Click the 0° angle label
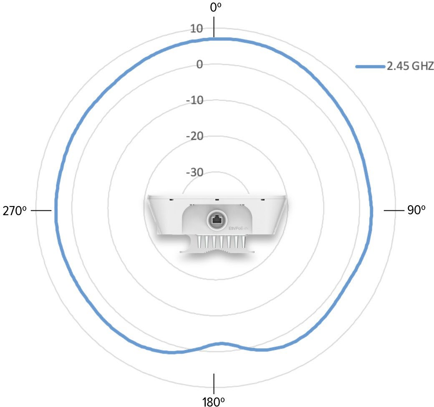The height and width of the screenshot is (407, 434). [x=216, y=7]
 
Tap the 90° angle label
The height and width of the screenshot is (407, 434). [x=416, y=210]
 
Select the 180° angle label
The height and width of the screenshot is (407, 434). [x=213, y=402]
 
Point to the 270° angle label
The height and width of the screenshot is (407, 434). [x=15, y=211]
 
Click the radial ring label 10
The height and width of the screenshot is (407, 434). [x=197, y=28]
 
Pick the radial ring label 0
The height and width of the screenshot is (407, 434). [x=199, y=64]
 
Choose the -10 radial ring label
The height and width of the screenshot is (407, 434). [x=194, y=100]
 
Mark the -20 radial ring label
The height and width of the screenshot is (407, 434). [x=194, y=136]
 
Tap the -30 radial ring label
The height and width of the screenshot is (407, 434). [x=194, y=172]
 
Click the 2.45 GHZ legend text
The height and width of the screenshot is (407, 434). [x=410, y=66]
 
